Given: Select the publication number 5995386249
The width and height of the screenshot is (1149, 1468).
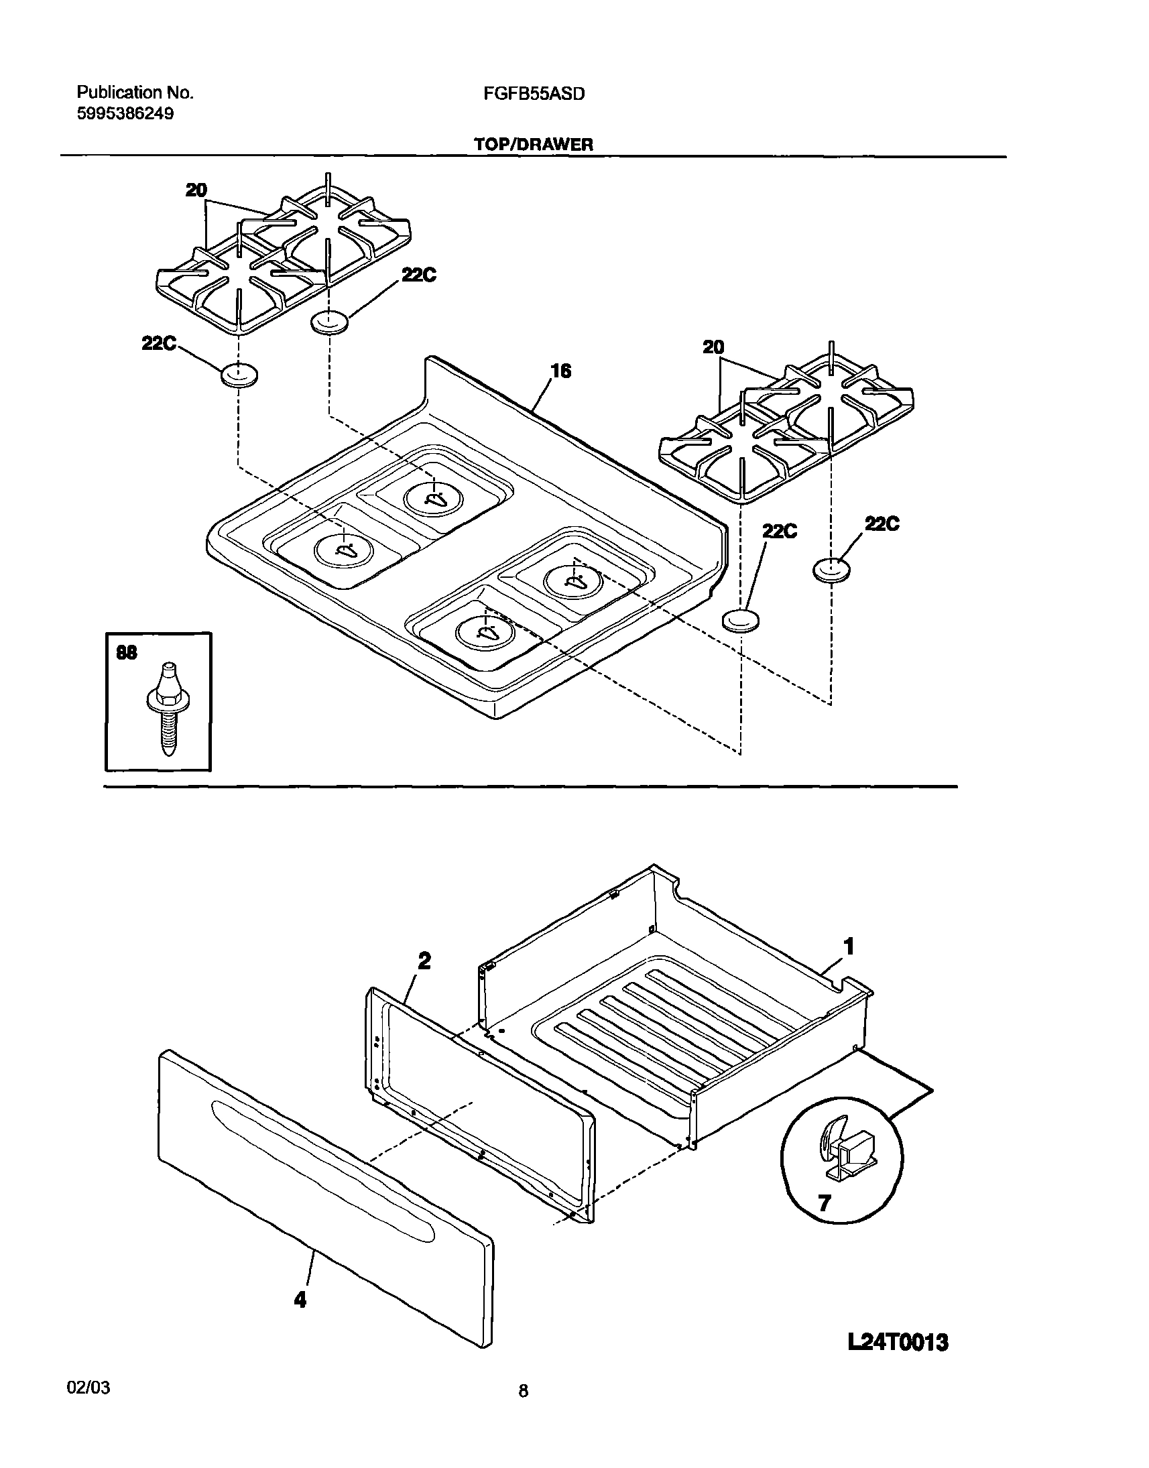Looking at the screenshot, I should tap(125, 114).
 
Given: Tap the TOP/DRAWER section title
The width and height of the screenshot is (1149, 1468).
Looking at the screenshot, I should tap(534, 144).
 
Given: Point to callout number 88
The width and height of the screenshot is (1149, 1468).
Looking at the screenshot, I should tap(126, 652).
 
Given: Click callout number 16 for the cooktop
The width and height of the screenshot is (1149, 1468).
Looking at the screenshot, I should tap(560, 371).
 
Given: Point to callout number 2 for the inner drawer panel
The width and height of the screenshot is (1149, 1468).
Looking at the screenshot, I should tap(424, 961).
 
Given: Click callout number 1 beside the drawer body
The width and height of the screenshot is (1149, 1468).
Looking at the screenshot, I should tap(849, 946).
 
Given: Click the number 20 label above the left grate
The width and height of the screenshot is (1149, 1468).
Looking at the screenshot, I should tap(196, 190).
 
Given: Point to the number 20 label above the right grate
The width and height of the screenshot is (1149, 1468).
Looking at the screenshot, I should tap(713, 347).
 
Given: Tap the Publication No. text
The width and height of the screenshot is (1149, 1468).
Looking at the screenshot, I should tap(135, 93).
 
